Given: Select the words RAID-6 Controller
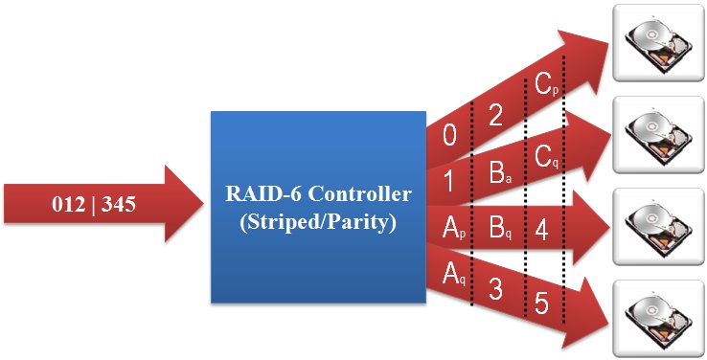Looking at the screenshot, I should [318, 194].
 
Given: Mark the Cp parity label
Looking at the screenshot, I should [545, 87].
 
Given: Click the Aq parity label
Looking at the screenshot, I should [453, 275].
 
